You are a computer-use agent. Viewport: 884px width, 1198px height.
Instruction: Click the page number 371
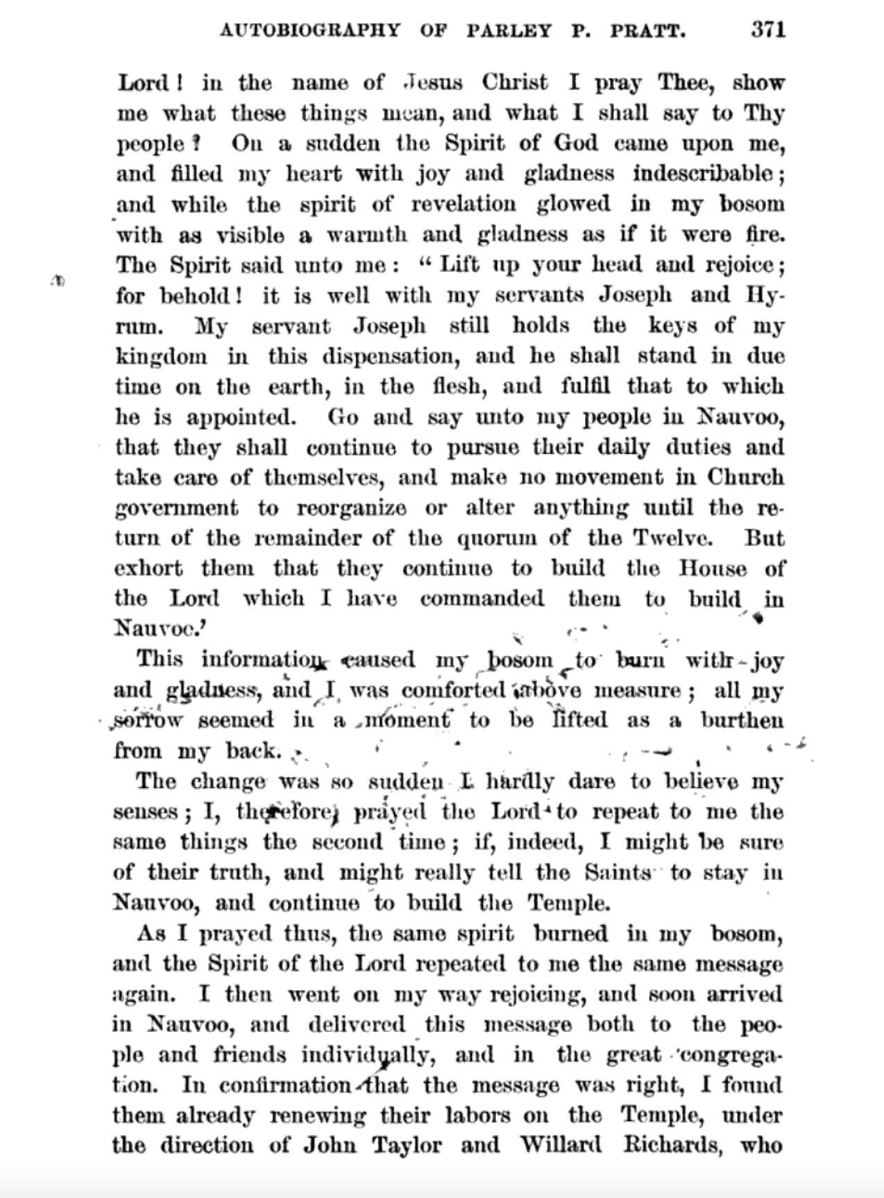pos(767,30)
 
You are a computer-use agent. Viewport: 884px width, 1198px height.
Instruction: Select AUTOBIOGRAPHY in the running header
pos(309,31)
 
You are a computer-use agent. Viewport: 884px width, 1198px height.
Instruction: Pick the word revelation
pos(464,204)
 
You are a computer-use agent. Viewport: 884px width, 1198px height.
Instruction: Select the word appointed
pos(241,417)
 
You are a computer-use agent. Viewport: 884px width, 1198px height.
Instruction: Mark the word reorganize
pos(351,508)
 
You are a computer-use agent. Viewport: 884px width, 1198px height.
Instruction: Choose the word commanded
pos(482,599)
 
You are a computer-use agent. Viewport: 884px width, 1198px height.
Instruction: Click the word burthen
pos(742,720)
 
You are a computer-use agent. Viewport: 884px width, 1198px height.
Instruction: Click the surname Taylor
pos(407,1145)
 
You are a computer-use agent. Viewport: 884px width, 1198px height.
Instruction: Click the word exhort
pos(148,569)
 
